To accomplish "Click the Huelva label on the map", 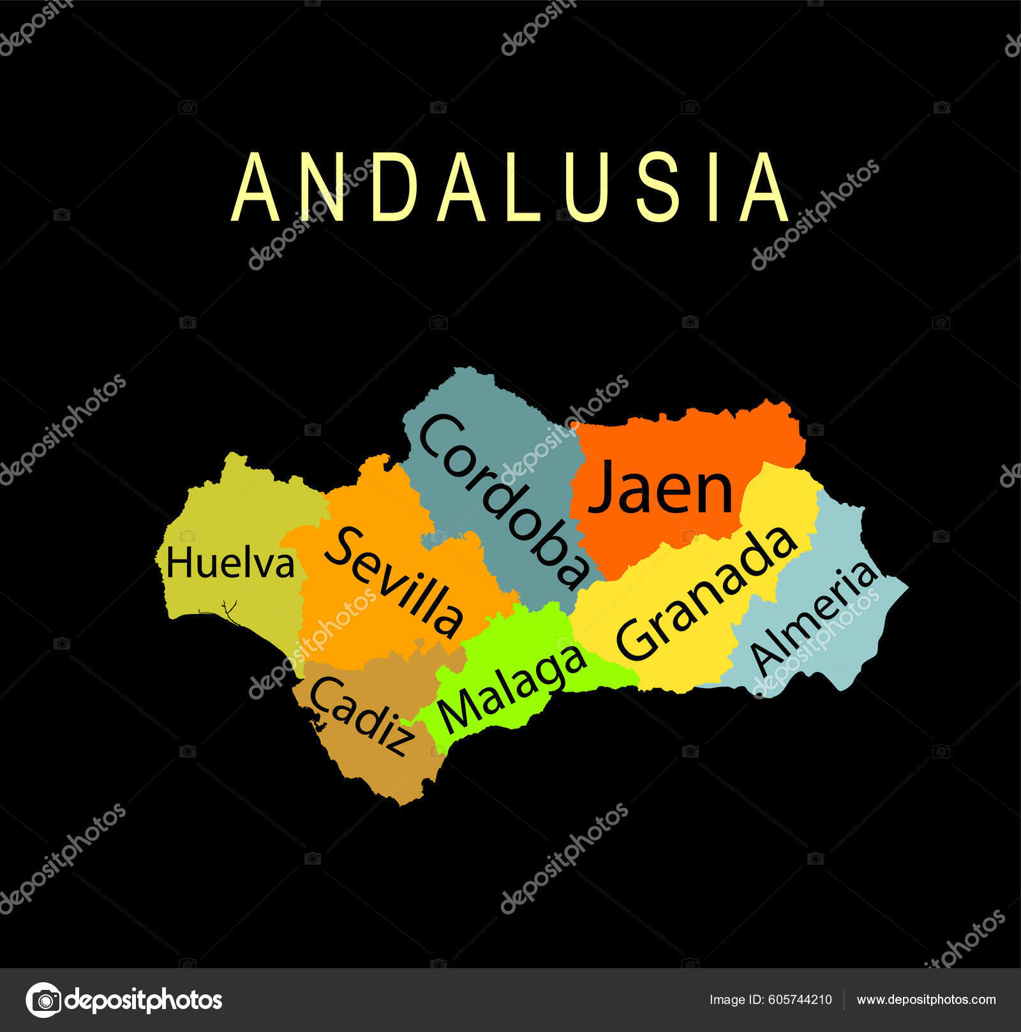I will (230, 564).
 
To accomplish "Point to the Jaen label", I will (660, 488).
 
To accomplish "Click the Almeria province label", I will (813, 618).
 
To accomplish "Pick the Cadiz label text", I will (361, 716).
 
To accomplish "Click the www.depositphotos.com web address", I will (926, 1000).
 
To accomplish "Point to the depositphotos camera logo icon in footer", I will (43, 1000).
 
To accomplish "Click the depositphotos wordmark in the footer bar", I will (144, 1000).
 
